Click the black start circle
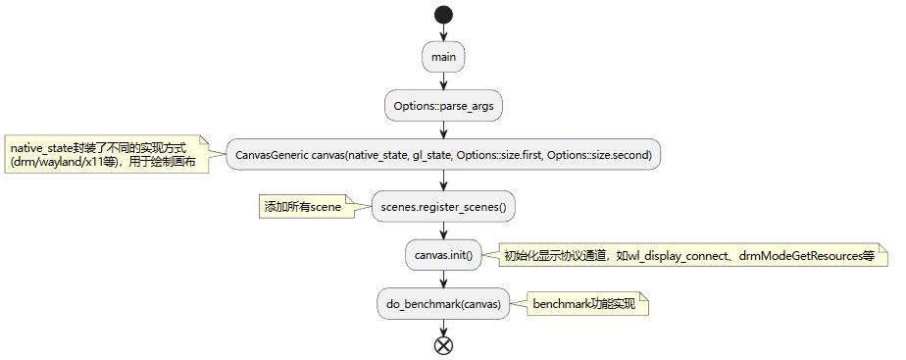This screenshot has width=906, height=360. (x=444, y=15)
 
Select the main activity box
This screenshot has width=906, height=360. (x=444, y=57)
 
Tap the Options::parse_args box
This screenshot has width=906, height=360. (x=444, y=106)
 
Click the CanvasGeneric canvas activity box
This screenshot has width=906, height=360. (x=444, y=155)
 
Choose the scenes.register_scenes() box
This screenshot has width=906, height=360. (x=444, y=207)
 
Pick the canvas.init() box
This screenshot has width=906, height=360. (x=444, y=255)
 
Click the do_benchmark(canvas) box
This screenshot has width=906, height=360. (x=444, y=304)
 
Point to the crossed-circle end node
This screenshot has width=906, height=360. (x=444, y=344)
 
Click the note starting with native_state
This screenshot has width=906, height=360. (x=108, y=154)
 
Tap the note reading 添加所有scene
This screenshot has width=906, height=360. (x=303, y=207)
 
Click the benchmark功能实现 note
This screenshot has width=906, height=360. (x=584, y=304)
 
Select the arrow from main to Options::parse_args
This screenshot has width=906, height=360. (x=444, y=81)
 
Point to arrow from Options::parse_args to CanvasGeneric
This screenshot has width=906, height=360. (x=444, y=130)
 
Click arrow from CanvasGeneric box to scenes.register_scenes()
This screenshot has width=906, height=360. (x=444, y=181)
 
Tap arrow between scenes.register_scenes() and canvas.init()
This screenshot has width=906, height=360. (x=444, y=231)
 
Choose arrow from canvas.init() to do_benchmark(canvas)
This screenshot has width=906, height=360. (x=444, y=280)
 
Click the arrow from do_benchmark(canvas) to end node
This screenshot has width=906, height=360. (x=444, y=327)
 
